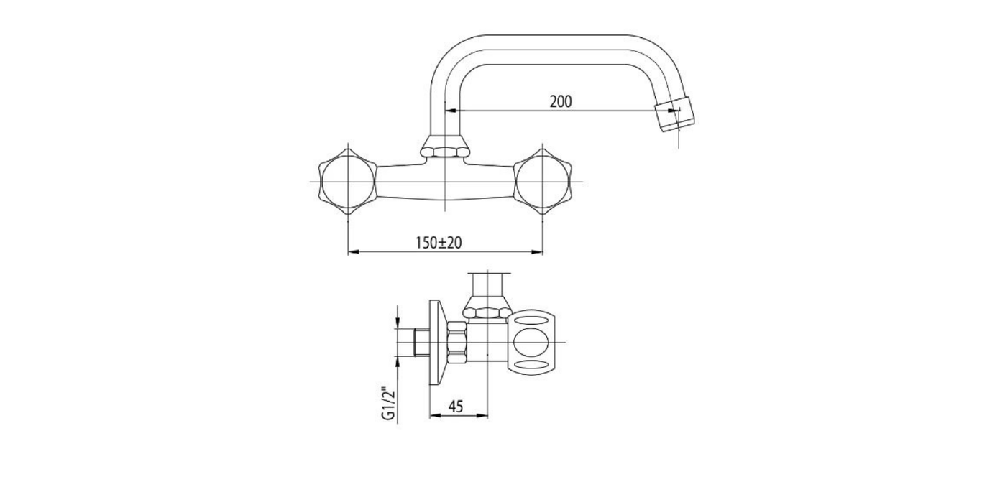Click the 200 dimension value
coord(561,101)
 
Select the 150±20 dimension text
coord(438,243)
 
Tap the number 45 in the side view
coord(456,407)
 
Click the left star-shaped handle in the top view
coord(347,181)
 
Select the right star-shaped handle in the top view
coord(542,181)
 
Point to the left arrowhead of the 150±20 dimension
coord(352,252)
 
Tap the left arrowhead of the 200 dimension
coord(451,111)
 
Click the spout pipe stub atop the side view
coord(489,283)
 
